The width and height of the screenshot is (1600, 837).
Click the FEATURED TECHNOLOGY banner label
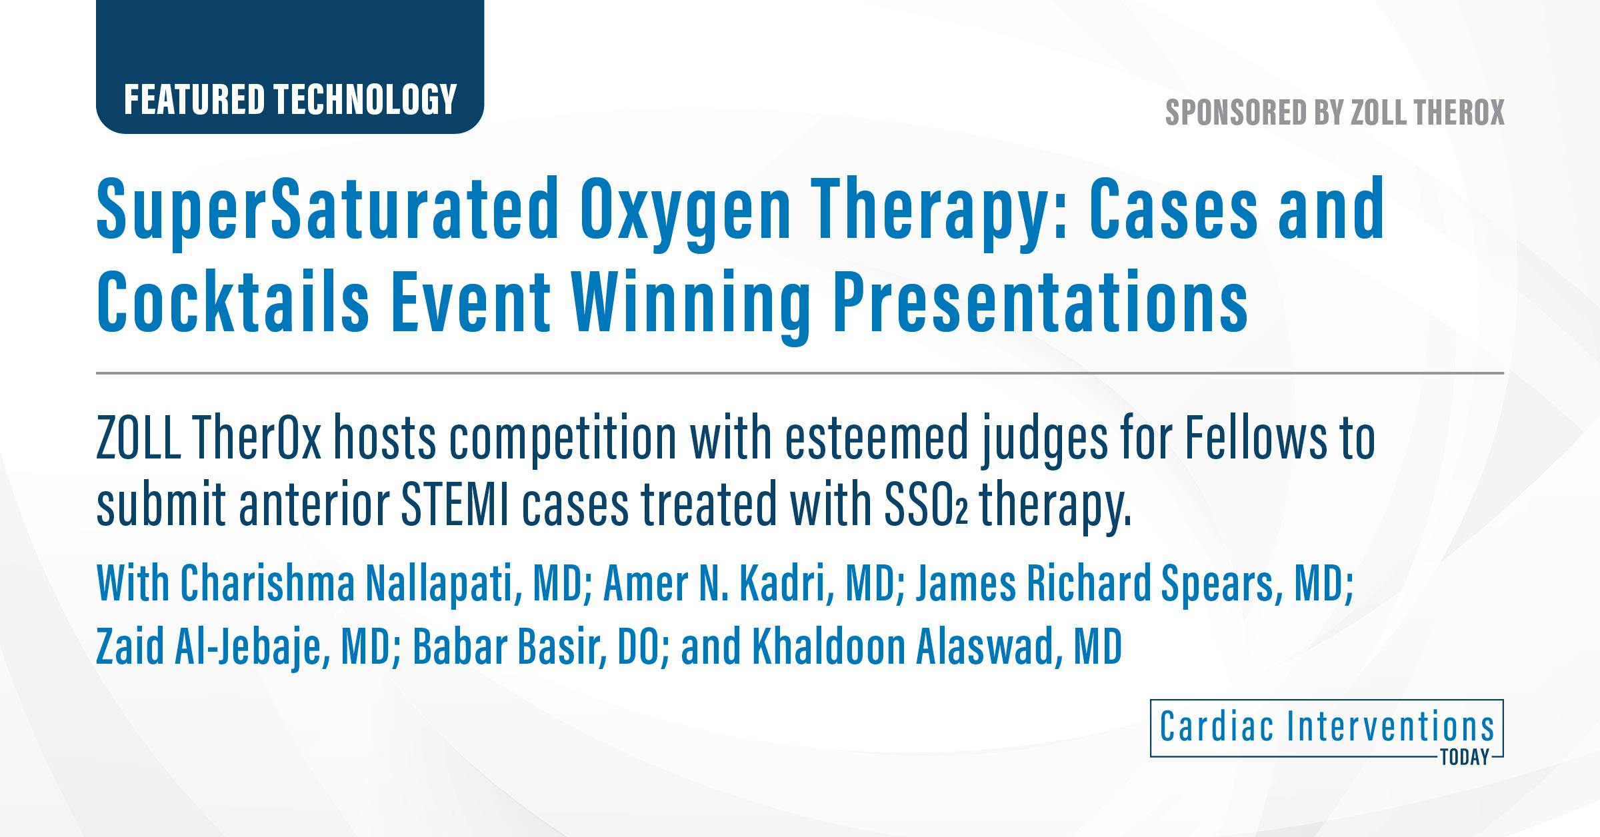(290, 99)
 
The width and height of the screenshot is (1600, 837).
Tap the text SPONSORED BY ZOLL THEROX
(1335, 112)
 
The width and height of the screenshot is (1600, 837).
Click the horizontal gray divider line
(800, 373)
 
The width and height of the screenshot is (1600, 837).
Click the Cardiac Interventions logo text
(1327, 726)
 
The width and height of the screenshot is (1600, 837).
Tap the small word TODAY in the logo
(1464, 758)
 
